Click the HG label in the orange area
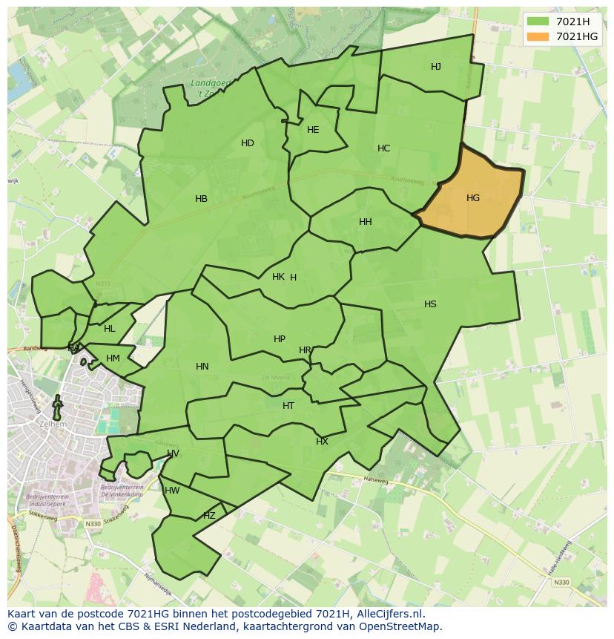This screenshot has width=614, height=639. click(x=473, y=198)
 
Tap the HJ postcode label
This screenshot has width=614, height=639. click(x=436, y=67)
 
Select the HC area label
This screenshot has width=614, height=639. click(x=383, y=148)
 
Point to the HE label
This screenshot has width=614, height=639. click(x=313, y=130)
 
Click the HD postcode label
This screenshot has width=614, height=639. click(x=248, y=143)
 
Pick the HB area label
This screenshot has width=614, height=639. click(x=201, y=199)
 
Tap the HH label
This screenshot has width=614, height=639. click(x=366, y=222)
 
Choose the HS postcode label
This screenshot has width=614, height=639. click(x=430, y=304)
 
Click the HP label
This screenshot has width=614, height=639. click(x=280, y=339)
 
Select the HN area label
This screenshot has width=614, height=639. click(x=202, y=367)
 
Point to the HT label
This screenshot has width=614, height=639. click(x=288, y=406)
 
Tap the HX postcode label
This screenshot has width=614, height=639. click(x=322, y=442)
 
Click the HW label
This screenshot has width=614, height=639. click(x=172, y=491)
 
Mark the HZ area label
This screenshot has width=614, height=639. click(x=209, y=516)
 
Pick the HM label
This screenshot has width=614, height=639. click(x=113, y=358)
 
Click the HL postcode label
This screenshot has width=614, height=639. click(x=110, y=329)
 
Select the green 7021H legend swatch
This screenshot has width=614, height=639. click(x=538, y=22)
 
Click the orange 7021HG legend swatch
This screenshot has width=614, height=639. click(x=538, y=36)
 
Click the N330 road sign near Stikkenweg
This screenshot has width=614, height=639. click(x=93, y=524)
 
